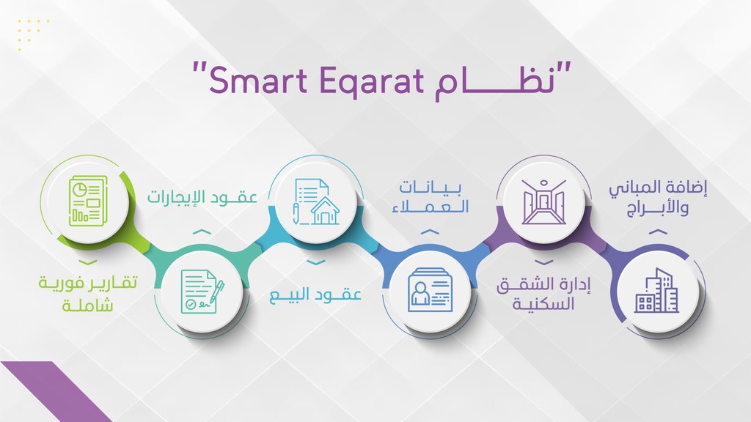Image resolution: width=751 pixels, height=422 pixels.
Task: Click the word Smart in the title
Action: (257, 80)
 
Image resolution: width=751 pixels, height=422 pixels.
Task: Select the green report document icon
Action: (88, 201)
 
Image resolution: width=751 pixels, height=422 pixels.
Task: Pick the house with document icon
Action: (316, 201)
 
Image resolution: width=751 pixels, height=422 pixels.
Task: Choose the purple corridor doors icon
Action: (543, 201)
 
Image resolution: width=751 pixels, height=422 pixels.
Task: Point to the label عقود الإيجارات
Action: (202, 196)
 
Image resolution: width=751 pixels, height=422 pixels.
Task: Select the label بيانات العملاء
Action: (430, 196)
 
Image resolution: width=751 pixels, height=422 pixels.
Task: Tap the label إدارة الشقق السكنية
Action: (543, 294)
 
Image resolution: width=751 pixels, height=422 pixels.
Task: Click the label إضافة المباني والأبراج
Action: (658, 198)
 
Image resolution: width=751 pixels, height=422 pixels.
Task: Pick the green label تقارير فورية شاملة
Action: (88, 293)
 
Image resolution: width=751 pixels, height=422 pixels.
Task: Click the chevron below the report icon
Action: (88, 262)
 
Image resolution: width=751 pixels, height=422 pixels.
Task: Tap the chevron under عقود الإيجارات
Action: (202, 232)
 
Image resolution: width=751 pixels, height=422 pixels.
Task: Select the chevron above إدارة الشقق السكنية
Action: (543, 262)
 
